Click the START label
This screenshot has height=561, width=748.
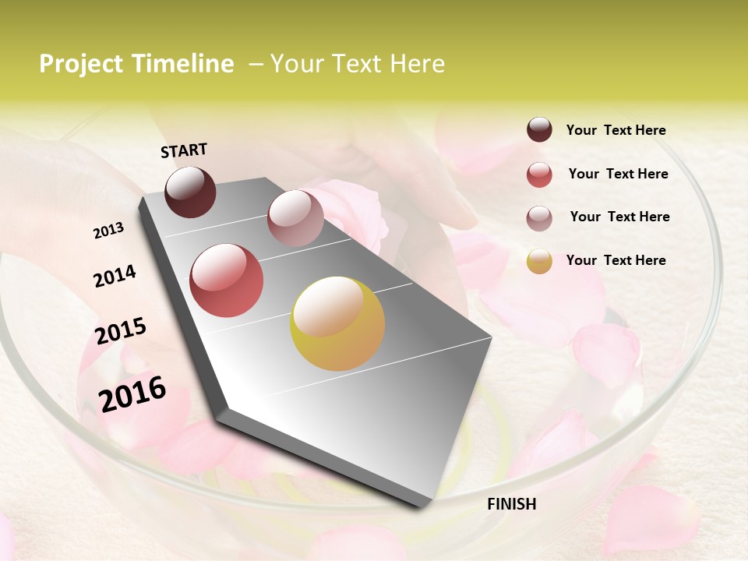pyautogui.click(x=184, y=150)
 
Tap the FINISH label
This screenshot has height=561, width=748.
pyautogui.click(x=511, y=504)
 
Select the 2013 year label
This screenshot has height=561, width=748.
pyautogui.click(x=109, y=231)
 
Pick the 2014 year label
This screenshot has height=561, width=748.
pyautogui.click(x=115, y=277)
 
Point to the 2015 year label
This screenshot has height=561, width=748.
pyautogui.click(x=121, y=331)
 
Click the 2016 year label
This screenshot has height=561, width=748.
pyautogui.click(x=132, y=394)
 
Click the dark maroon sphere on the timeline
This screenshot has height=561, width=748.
pyautogui.click(x=190, y=192)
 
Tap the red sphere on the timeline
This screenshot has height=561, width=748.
pyautogui.click(x=227, y=280)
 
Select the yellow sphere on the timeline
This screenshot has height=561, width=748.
pyautogui.click(x=337, y=323)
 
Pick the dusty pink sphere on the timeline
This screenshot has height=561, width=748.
pyautogui.click(x=295, y=218)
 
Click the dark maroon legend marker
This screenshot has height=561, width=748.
pyautogui.click(x=539, y=129)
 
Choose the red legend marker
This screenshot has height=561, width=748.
pyautogui.click(x=539, y=175)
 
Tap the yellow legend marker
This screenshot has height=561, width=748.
pyautogui.click(x=539, y=261)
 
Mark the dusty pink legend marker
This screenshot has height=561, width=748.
pyautogui.click(x=539, y=218)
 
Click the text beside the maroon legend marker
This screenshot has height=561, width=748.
pyautogui.click(x=616, y=130)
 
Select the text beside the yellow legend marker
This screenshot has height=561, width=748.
pyautogui.click(x=616, y=260)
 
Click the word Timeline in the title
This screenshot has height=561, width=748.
pyautogui.click(x=184, y=64)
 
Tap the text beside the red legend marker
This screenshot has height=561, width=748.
pyautogui.click(x=618, y=174)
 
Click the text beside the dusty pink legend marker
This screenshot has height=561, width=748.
pyautogui.click(x=619, y=217)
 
